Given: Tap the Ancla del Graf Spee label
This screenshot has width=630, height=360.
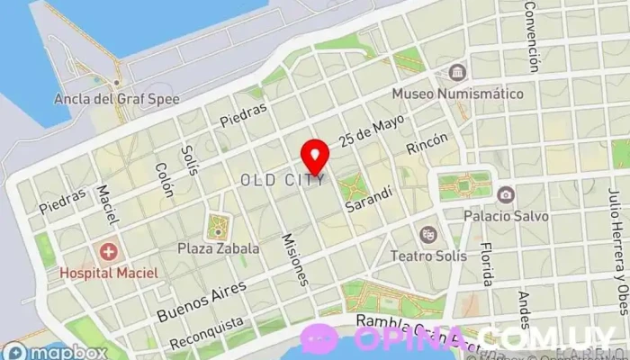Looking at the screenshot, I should pos(116,98).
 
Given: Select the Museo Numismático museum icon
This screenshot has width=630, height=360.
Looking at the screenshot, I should pos(457,72).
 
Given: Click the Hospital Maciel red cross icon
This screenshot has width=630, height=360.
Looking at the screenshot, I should pos(108,251).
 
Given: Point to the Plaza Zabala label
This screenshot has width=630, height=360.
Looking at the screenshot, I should pos(218,248).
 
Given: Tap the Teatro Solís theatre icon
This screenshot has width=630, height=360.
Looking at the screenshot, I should pos(427,234).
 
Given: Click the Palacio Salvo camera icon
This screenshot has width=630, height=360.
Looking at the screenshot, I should pos(506,195).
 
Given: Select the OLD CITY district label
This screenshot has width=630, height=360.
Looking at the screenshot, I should pos(283,181).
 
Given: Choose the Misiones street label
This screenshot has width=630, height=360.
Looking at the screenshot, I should pos(295,259).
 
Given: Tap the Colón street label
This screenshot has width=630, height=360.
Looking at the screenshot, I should pos(164,181).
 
